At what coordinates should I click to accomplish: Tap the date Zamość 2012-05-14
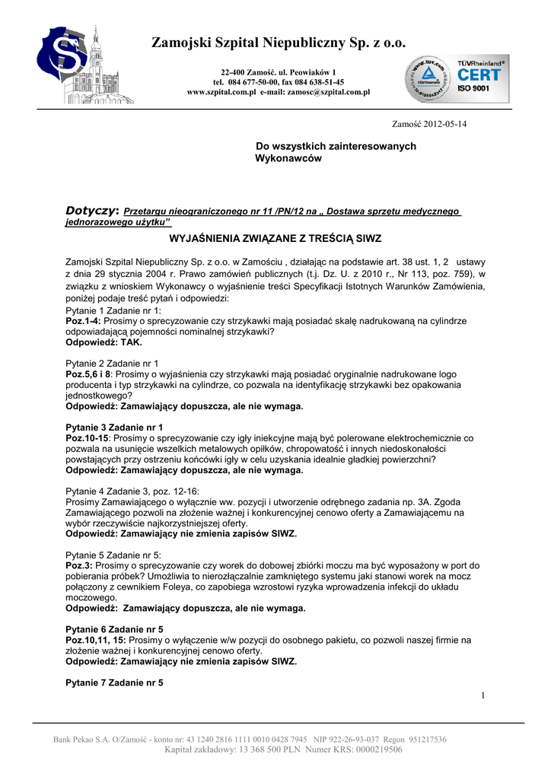(x=429, y=124)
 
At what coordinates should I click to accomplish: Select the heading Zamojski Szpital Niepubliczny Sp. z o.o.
(x=279, y=43)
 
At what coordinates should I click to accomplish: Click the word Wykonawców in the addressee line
(x=288, y=158)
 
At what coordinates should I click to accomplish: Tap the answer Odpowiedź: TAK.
(x=104, y=342)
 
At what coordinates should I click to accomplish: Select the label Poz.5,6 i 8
(x=89, y=374)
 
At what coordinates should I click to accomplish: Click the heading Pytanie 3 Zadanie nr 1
(x=115, y=428)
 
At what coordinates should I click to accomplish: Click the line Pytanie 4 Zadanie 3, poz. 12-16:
(x=133, y=491)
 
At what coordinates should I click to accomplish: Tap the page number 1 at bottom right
(x=483, y=695)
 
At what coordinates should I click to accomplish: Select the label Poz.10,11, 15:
(x=95, y=640)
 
